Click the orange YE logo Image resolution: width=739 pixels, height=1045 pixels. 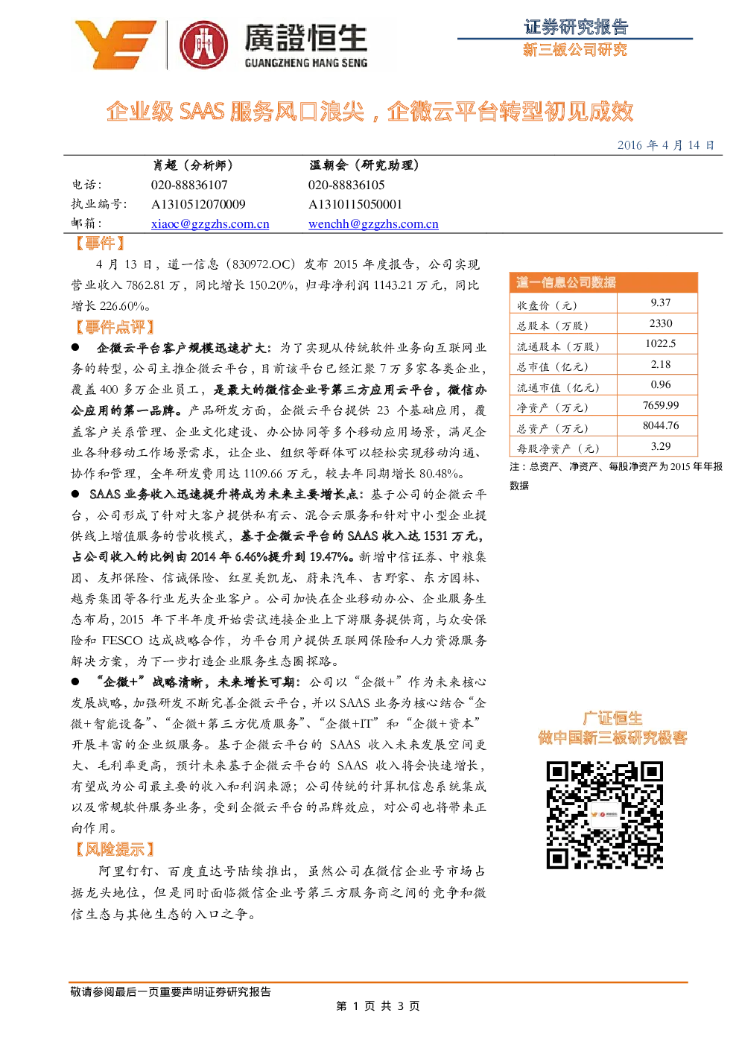[115, 45]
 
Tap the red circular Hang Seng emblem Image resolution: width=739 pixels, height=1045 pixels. [204, 45]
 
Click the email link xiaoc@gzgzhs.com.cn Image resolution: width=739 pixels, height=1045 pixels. [210, 224]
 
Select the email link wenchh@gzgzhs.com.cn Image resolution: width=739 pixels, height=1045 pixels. [373, 224]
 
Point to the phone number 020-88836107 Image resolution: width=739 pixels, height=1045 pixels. [189, 185]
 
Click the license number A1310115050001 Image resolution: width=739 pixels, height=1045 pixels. [355, 204]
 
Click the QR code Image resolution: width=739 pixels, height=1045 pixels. [605, 815]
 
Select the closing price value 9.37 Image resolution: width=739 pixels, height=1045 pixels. [661, 302]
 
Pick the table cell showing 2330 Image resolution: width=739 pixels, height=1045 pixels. [661, 323]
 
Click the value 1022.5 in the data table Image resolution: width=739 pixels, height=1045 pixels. [661, 344]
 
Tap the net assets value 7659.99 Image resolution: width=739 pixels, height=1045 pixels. [661, 405]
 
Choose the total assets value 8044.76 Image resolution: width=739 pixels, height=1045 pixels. [661, 425]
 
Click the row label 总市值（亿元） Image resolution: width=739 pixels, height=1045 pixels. [552, 367]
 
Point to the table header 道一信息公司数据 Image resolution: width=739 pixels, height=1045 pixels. [565, 282]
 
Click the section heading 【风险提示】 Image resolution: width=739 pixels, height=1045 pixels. [115, 850]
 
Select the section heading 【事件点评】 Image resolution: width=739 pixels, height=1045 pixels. [115, 327]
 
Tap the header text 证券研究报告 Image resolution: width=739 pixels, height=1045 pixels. [576, 27]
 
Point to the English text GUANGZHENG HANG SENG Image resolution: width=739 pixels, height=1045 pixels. [306, 63]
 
